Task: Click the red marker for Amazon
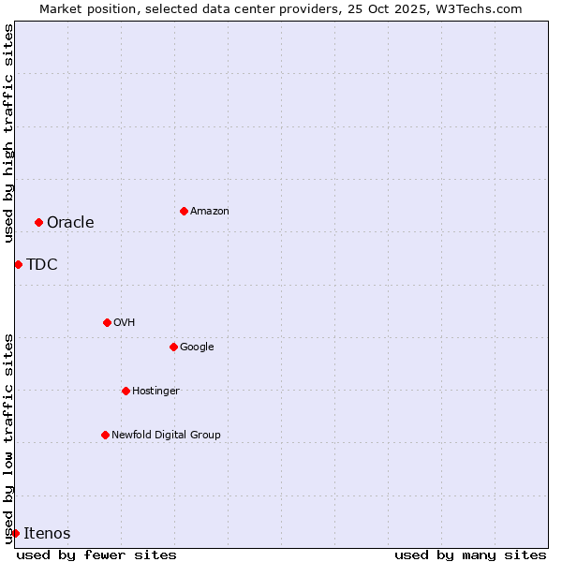(184, 211)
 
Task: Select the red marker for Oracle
(38, 222)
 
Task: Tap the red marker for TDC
(18, 264)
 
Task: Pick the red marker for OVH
(107, 322)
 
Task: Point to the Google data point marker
(173, 347)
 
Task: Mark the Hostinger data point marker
(126, 391)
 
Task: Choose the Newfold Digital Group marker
(105, 435)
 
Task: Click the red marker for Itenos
(15, 533)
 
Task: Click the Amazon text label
(210, 211)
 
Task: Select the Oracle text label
(70, 222)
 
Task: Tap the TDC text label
(42, 264)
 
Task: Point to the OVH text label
(125, 322)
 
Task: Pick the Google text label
(197, 347)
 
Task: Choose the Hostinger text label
(155, 391)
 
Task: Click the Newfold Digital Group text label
(166, 435)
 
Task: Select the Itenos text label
(47, 533)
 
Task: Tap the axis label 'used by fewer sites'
(96, 555)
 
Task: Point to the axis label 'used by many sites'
(470, 555)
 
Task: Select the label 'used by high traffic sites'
(8, 133)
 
